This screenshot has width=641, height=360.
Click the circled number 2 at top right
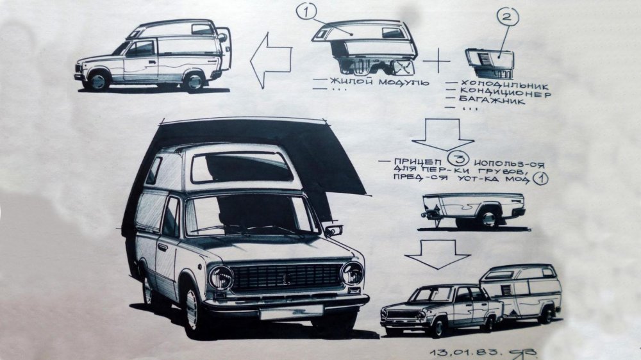coord(507,18)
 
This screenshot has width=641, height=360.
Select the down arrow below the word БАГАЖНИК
coord(442,135)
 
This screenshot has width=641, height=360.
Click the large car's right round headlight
coord(352,274)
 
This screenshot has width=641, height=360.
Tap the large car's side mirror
coord(334,229)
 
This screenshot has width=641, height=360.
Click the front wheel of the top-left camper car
coord(97,81)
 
